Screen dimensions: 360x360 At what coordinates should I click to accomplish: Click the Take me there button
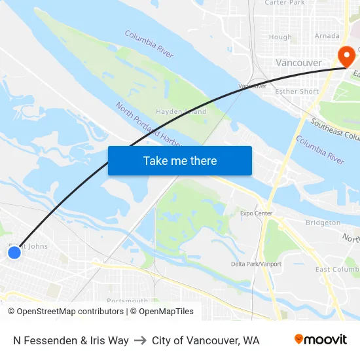click(x=180, y=160)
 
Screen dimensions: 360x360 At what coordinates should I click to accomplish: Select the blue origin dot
click(x=14, y=252)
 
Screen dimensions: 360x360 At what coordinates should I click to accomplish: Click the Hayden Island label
click(x=181, y=112)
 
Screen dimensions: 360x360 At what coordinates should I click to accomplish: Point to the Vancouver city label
click(x=298, y=63)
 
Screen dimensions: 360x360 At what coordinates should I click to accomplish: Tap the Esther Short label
click(x=297, y=92)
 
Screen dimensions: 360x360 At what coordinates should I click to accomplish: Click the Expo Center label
click(x=256, y=213)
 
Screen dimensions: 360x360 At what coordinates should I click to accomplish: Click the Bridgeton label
click(x=323, y=223)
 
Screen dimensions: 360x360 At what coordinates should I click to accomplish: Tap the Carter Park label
click(x=285, y=3)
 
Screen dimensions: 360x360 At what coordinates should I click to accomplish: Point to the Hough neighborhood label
click(x=280, y=37)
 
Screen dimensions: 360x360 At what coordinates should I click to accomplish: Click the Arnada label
click(x=327, y=36)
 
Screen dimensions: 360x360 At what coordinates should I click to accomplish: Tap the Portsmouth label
click(x=127, y=300)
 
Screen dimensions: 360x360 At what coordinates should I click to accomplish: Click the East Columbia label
click(x=337, y=270)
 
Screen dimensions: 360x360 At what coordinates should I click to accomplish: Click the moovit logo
click(x=320, y=340)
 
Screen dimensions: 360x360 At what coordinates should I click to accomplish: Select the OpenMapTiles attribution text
click(x=166, y=312)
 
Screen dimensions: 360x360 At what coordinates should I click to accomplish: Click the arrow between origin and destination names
click(x=140, y=340)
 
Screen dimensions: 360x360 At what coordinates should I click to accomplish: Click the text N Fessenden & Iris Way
click(x=71, y=340)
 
